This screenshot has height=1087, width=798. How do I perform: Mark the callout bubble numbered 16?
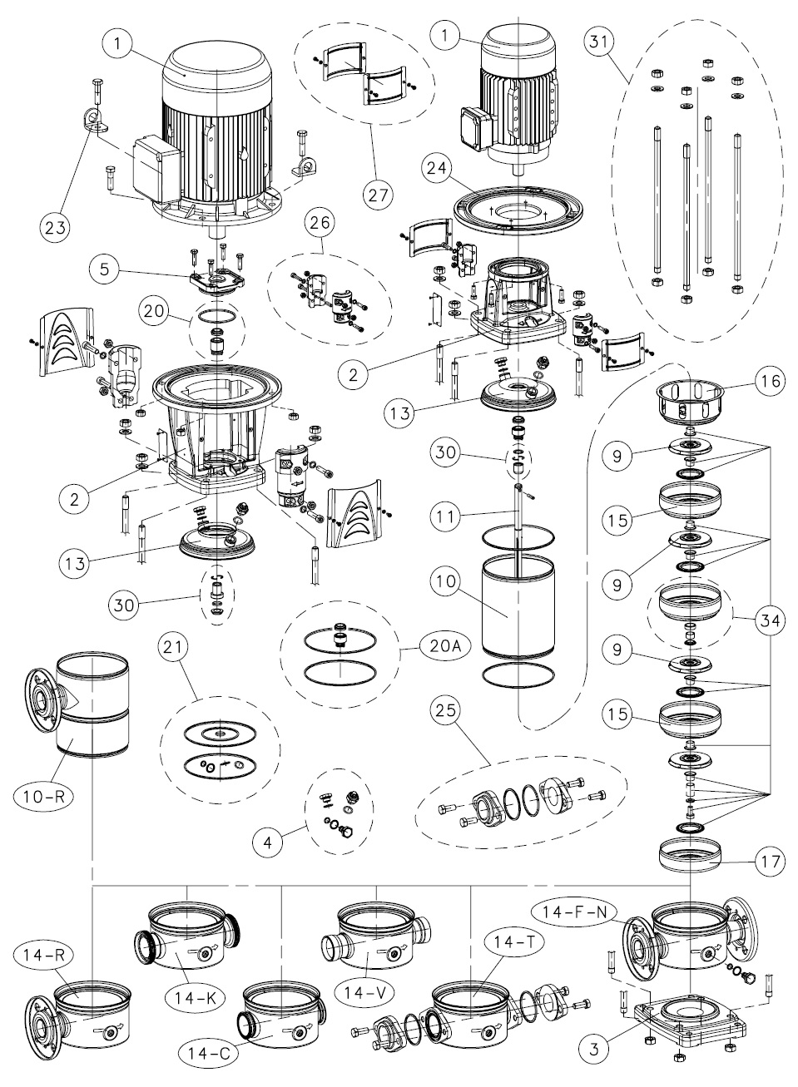pos(768,381)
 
